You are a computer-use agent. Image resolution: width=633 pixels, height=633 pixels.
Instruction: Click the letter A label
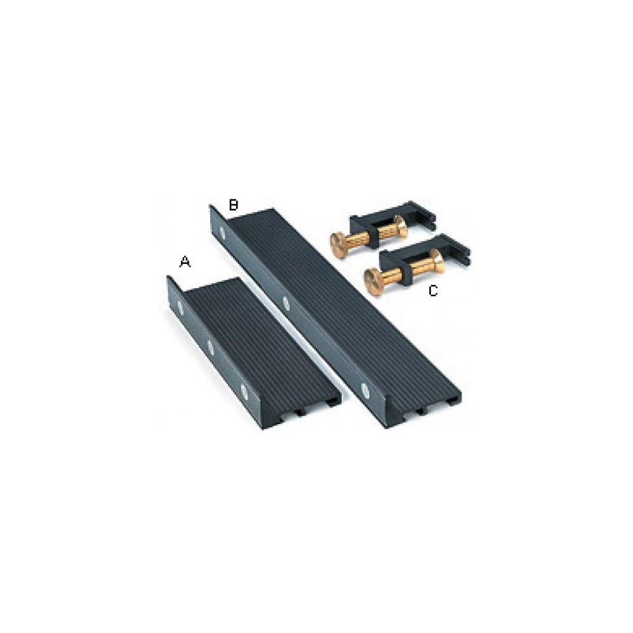point(185,262)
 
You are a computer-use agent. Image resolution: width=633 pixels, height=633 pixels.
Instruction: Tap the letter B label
point(234,204)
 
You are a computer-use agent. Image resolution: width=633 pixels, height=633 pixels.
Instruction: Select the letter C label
point(433,291)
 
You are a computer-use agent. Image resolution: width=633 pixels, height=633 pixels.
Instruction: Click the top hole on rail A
point(180,308)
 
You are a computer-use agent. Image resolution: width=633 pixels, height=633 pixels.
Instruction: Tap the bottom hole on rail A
point(244,391)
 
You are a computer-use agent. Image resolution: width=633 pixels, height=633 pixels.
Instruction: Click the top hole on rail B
point(222,232)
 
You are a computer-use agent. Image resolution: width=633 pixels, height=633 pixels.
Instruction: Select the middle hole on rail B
point(286,303)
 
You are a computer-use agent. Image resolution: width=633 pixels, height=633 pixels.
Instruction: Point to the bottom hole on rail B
point(365,390)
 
